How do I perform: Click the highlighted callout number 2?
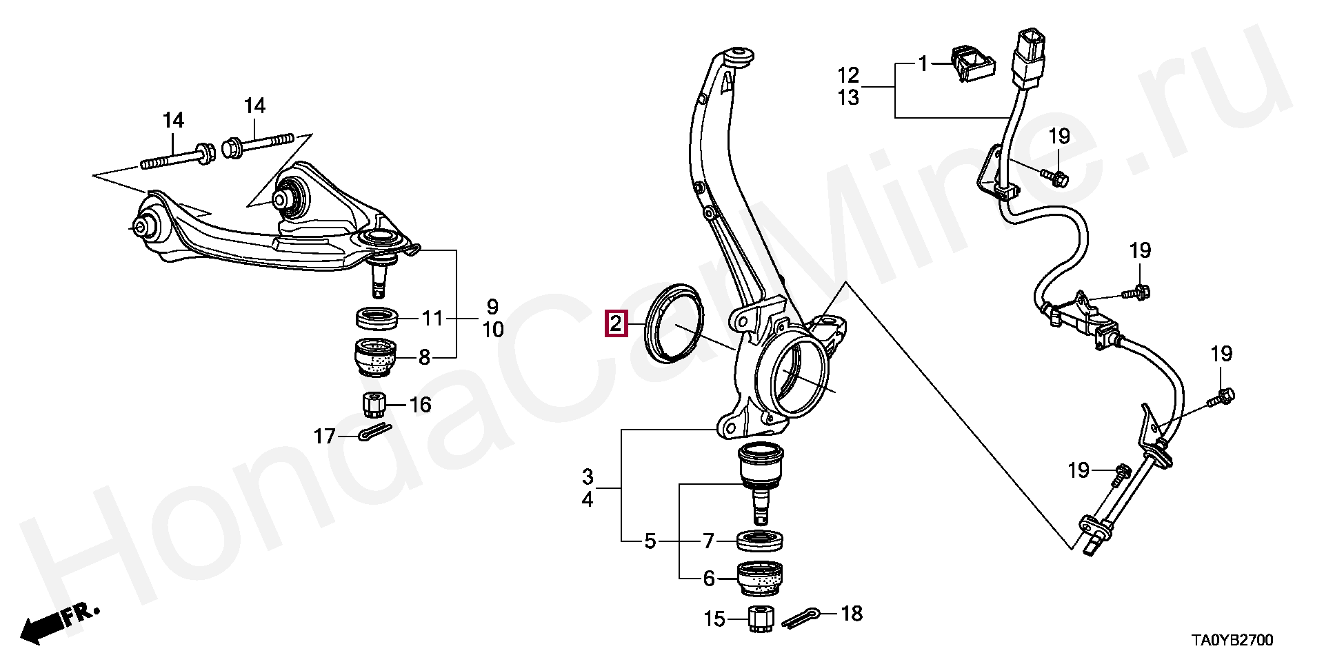(615, 323)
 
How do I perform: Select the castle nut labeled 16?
(373, 404)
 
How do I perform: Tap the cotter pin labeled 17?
(375, 432)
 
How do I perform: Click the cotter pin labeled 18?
(800, 618)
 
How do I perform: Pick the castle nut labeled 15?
(761, 620)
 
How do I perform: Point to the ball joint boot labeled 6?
(761, 578)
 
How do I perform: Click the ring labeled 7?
(761, 541)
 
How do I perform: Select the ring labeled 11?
(377, 320)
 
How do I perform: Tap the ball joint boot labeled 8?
(376, 357)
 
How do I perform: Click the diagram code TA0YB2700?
(1232, 641)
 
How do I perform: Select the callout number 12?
(849, 74)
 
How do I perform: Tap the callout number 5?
(650, 542)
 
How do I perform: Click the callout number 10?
(492, 330)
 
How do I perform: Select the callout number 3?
(587, 477)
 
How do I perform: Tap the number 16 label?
(420, 404)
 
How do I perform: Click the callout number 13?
(849, 98)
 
